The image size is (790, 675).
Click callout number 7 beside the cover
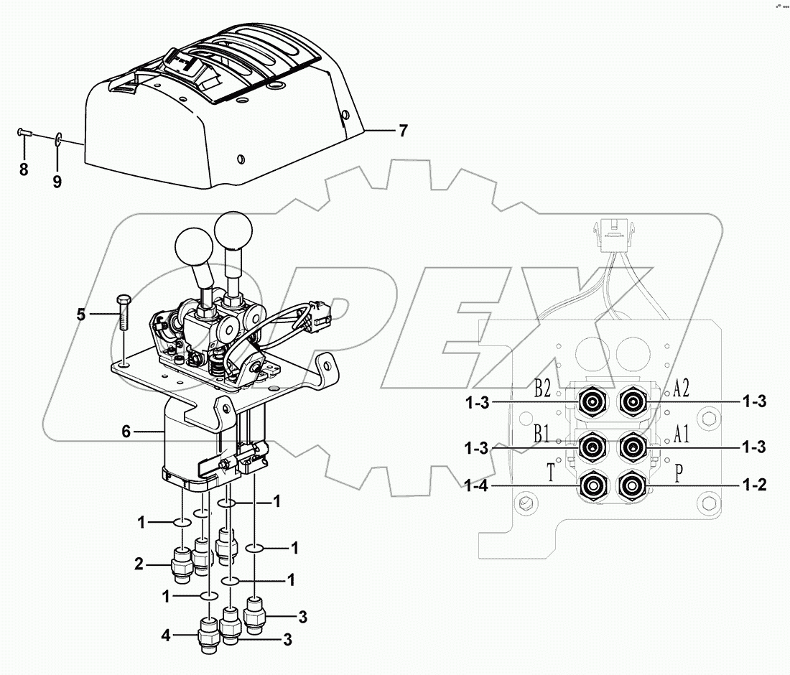[403, 131]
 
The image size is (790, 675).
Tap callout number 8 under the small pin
[24, 170]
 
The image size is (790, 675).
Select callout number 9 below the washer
[57, 182]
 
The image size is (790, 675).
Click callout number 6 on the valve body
[126, 431]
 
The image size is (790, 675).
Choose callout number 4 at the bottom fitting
[165, 635]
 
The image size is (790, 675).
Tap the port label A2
[682, 389]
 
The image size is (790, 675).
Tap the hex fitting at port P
[632, 485]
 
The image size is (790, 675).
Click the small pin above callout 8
[24, 131]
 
